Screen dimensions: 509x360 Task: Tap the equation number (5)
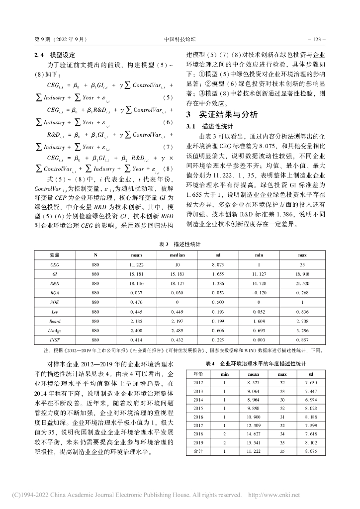tap(168, 97)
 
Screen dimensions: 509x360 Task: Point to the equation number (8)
tap(168, 169)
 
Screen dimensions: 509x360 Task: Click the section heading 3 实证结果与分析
tap(222, 114)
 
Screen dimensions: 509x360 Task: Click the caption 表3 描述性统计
tap(180, 245)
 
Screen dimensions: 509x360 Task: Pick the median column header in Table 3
tap(171, 255)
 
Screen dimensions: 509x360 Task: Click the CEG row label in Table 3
tap(55, 265)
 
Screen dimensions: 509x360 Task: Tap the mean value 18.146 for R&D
tap(129, 283)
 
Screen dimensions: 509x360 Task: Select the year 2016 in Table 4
tap(198, 416)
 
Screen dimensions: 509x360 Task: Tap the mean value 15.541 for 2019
tap(254, 442)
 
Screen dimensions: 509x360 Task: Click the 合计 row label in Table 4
tap(198, 451)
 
